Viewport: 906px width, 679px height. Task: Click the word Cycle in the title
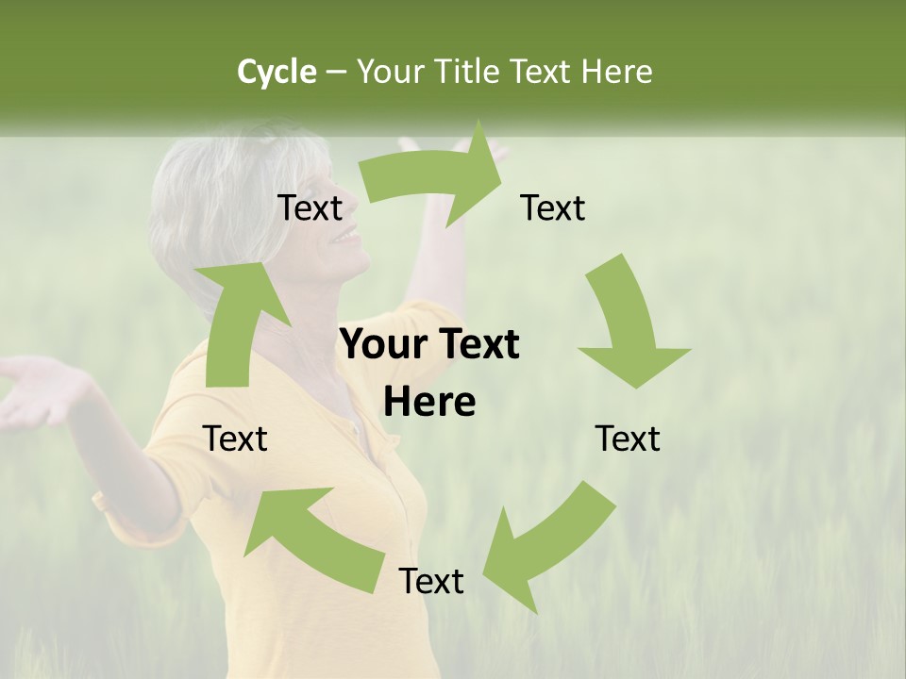(x=277, y=72)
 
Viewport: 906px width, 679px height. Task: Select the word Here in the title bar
(x=615, y=72)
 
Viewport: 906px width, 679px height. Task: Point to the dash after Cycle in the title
(x=337, y=73)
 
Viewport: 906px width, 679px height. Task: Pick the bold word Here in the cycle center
(x=429, y=403)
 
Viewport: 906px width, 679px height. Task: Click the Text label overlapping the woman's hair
(x=310, y=208)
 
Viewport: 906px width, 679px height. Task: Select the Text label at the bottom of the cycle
(x=431, y=581)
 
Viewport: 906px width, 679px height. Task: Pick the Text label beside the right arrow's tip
(x=553, y=208)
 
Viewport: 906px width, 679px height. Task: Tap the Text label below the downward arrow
(x=628, y=439)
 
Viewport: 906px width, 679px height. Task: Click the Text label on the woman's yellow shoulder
(x=235, y=439)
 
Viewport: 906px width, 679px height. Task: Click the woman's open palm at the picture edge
(x=33, y=391)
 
